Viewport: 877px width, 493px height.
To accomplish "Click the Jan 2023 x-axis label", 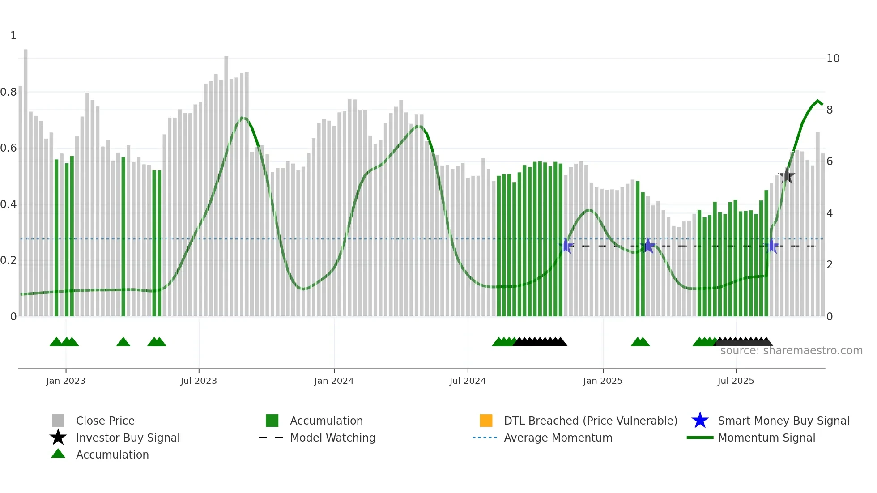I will click(x=65, y=381).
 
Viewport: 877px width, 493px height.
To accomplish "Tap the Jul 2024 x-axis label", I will click(x=468, y=381).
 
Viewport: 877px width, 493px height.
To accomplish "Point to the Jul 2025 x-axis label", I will click(x=736, y=381).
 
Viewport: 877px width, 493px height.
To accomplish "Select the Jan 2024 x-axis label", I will click(x=334, y=381).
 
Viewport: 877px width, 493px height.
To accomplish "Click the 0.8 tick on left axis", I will click(x=9, y=92).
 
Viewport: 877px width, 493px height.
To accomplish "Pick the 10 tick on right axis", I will click(x=833, y=59).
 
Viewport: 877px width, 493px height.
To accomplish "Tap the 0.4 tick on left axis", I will click(x=9, y=204).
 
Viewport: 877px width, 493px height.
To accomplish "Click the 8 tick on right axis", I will click(x=830, y=110).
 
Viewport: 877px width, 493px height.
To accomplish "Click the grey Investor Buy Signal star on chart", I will click(x=786, y=176).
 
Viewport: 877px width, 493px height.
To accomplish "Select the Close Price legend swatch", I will click(x=58, y=421).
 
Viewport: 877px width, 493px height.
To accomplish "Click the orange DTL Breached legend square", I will click(x=486, y=421).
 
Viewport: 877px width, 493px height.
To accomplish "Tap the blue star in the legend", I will click(x=700, y=421).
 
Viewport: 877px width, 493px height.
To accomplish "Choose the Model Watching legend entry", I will click(x=332, y=438).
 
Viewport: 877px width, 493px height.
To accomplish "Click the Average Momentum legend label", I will click(x=558, y=438).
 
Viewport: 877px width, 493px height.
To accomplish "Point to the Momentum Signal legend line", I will click(x=700, y=438).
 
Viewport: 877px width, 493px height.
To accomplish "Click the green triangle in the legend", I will click(x=58, y=454).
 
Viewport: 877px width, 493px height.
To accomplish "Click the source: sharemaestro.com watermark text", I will click(x=791, y=351).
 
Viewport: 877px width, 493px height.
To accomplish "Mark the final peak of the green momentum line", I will click(x=818, y=101).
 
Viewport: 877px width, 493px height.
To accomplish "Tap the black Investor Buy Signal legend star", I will click(x=58, y=438).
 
